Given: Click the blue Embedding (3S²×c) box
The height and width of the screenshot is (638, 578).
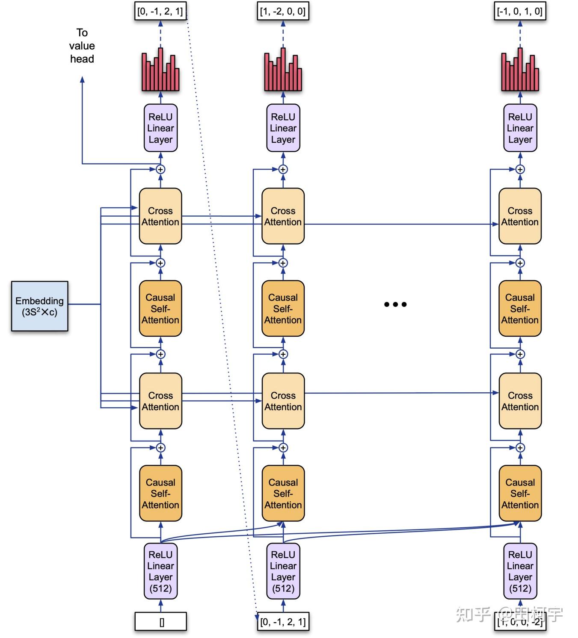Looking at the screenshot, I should (x=39, y=306).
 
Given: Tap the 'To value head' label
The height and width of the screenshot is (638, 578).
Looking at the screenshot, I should (x=82, y=46).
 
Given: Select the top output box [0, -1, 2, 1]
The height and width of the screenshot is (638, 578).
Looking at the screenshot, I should (x=160, y=12).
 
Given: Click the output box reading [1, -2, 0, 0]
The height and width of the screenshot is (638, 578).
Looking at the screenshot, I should (x=283, y=12).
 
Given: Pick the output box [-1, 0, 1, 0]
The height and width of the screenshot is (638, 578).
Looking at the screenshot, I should (x=520, y=12).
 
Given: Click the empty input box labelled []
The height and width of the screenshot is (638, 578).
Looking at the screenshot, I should (x=161, y=622).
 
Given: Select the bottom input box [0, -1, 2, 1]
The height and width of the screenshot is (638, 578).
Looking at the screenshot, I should (x=283, y=622).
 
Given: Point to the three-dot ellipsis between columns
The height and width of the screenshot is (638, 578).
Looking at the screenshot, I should (x=395, y=304).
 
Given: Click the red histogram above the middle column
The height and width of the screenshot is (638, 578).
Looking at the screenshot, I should (x=283, y=71).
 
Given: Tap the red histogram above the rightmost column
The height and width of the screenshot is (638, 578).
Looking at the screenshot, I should (x=520, y=71).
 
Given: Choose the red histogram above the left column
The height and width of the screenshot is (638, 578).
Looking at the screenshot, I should (x=160, y=71).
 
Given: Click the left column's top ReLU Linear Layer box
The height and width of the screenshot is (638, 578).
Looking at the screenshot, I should (x=160, y=128).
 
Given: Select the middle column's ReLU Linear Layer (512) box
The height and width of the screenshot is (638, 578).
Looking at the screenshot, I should (x=283, y=571).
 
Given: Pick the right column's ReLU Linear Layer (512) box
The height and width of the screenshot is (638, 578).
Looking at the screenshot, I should (x=520, y=571).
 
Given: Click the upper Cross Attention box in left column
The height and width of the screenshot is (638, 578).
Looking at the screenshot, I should (x=160, y=216).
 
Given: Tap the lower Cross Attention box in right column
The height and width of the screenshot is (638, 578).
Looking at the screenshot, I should (x=520, y=401).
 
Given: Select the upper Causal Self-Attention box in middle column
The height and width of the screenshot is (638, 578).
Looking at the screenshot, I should (x=283, y=309).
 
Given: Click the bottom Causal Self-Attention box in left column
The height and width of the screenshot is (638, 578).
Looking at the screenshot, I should (x=160, y=493).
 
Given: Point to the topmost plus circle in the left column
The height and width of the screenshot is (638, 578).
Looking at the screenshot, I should (x=160, y=169).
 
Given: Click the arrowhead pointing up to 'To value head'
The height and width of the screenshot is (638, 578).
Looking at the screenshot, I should (x=82, y=79).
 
